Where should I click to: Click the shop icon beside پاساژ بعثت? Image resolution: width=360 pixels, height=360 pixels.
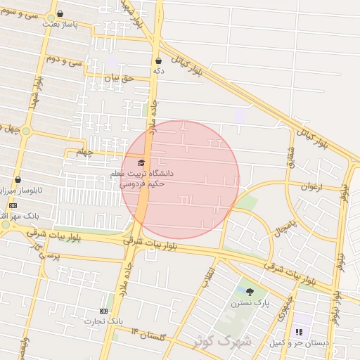pyautogui.click(x=59, y=13)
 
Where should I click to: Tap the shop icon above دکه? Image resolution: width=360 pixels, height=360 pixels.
pyautogui.click(x=159, y=60)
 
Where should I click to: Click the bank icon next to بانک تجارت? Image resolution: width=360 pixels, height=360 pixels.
pyautogui.click(x=105, y=311)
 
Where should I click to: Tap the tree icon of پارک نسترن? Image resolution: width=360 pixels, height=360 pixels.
pyautogui.click(x=250, y=292)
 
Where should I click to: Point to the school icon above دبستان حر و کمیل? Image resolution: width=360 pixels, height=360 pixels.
pyautogui.click(x=298, y=332)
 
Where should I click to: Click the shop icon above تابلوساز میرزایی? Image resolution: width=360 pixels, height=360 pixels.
pyautogui.click(x=18, y=180)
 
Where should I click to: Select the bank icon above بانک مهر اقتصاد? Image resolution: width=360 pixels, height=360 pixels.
pyautogui.click(x=12, y=205)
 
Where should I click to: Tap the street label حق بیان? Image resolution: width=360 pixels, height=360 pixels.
pyautogui.click(x=118, y=79)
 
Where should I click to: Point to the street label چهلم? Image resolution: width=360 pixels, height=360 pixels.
pyautogui.click(x=84, y=152)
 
